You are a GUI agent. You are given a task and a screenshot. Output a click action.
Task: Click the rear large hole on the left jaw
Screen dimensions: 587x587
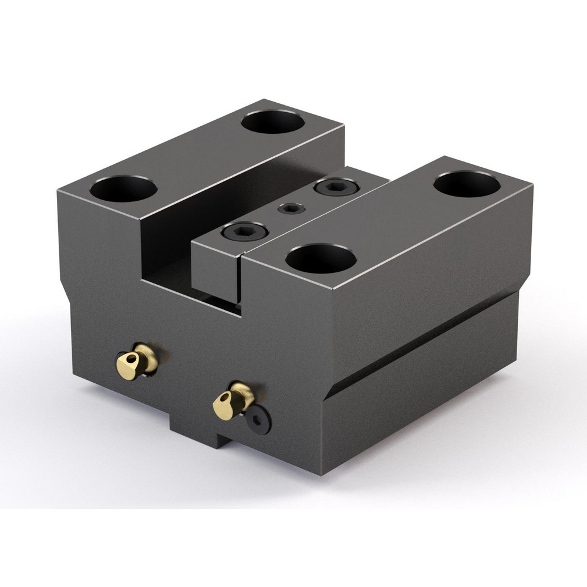tap(273, 122)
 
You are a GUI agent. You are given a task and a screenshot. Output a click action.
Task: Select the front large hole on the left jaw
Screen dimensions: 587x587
tap(123, 188)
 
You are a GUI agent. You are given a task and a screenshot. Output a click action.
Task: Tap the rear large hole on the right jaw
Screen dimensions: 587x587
tap(467, 184)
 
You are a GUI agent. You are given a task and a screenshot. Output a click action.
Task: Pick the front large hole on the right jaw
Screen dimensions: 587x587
tap(321, 258)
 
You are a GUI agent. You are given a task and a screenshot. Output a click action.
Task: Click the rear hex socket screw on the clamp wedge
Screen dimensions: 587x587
tap(336, 188)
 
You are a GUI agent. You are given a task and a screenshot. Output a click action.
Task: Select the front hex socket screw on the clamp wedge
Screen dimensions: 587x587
tap(245, 232)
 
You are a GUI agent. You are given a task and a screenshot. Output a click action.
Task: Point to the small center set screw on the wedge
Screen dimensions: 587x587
tap(291, 208)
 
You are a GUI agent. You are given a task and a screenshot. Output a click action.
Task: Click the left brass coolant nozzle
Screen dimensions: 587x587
tap(137, 362)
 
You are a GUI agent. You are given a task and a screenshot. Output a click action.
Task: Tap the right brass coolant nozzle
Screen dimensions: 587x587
tap(233, 401)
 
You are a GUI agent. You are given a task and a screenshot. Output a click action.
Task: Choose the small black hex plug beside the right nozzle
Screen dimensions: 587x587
tap(258, 420)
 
